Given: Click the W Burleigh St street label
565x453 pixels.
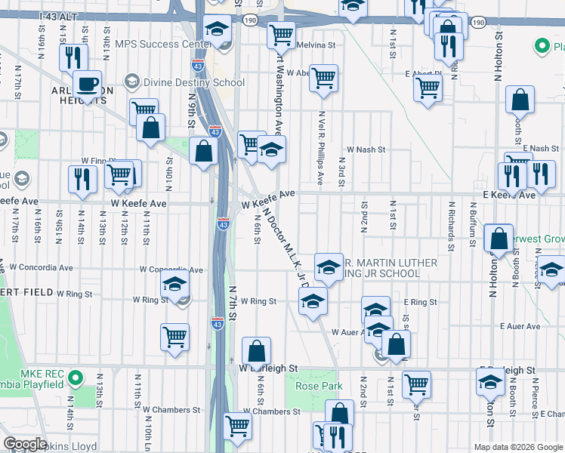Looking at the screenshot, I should click(x=269, y=368).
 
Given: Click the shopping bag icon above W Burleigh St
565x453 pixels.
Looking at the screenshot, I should click(x=256, y=351).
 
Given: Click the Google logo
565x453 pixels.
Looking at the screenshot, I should click(x=24, y=444).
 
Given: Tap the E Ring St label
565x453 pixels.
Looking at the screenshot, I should click(x=420, y=302).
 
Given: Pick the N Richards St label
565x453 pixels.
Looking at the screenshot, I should click(x=451, y=225).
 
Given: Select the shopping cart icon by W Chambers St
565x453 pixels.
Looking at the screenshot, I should click(x=237, y=425).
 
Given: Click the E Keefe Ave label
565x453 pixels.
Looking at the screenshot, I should click(x=509, y=195).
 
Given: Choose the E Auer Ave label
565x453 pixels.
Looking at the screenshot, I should click(x=517, y=327).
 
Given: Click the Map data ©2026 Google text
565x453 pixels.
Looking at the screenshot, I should click(x=517, y=447).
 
